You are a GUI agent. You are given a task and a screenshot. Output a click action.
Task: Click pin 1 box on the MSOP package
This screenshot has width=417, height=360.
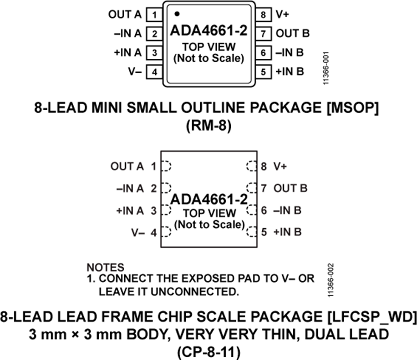coord(154,15)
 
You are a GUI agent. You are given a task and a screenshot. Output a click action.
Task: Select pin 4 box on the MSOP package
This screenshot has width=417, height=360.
coord(154,72)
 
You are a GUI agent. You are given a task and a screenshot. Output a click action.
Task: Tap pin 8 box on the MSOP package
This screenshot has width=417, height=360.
coord(263,15)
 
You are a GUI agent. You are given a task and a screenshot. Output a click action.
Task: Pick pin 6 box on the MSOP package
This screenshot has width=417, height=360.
coord(263,52)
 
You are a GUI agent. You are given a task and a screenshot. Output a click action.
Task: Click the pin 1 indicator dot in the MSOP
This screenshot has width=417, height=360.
coord(177,14)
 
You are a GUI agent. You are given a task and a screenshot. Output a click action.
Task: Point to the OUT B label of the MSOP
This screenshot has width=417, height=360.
coord(292,33)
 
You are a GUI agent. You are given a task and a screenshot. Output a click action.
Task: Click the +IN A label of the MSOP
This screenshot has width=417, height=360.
coord(127,52)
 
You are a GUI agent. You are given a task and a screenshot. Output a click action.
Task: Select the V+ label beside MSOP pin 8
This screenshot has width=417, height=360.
coord(283,15)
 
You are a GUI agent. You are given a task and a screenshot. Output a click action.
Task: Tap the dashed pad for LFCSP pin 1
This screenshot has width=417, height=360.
coord(166,166)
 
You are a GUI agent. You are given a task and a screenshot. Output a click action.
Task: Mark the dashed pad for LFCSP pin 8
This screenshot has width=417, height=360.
coord(252,166)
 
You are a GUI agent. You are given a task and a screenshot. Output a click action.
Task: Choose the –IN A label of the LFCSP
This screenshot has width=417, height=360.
coord(131,189)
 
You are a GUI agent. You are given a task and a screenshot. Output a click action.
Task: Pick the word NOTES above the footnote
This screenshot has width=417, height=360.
coord(105,267)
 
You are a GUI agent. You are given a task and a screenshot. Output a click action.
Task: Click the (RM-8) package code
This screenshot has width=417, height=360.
coord(208,126)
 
